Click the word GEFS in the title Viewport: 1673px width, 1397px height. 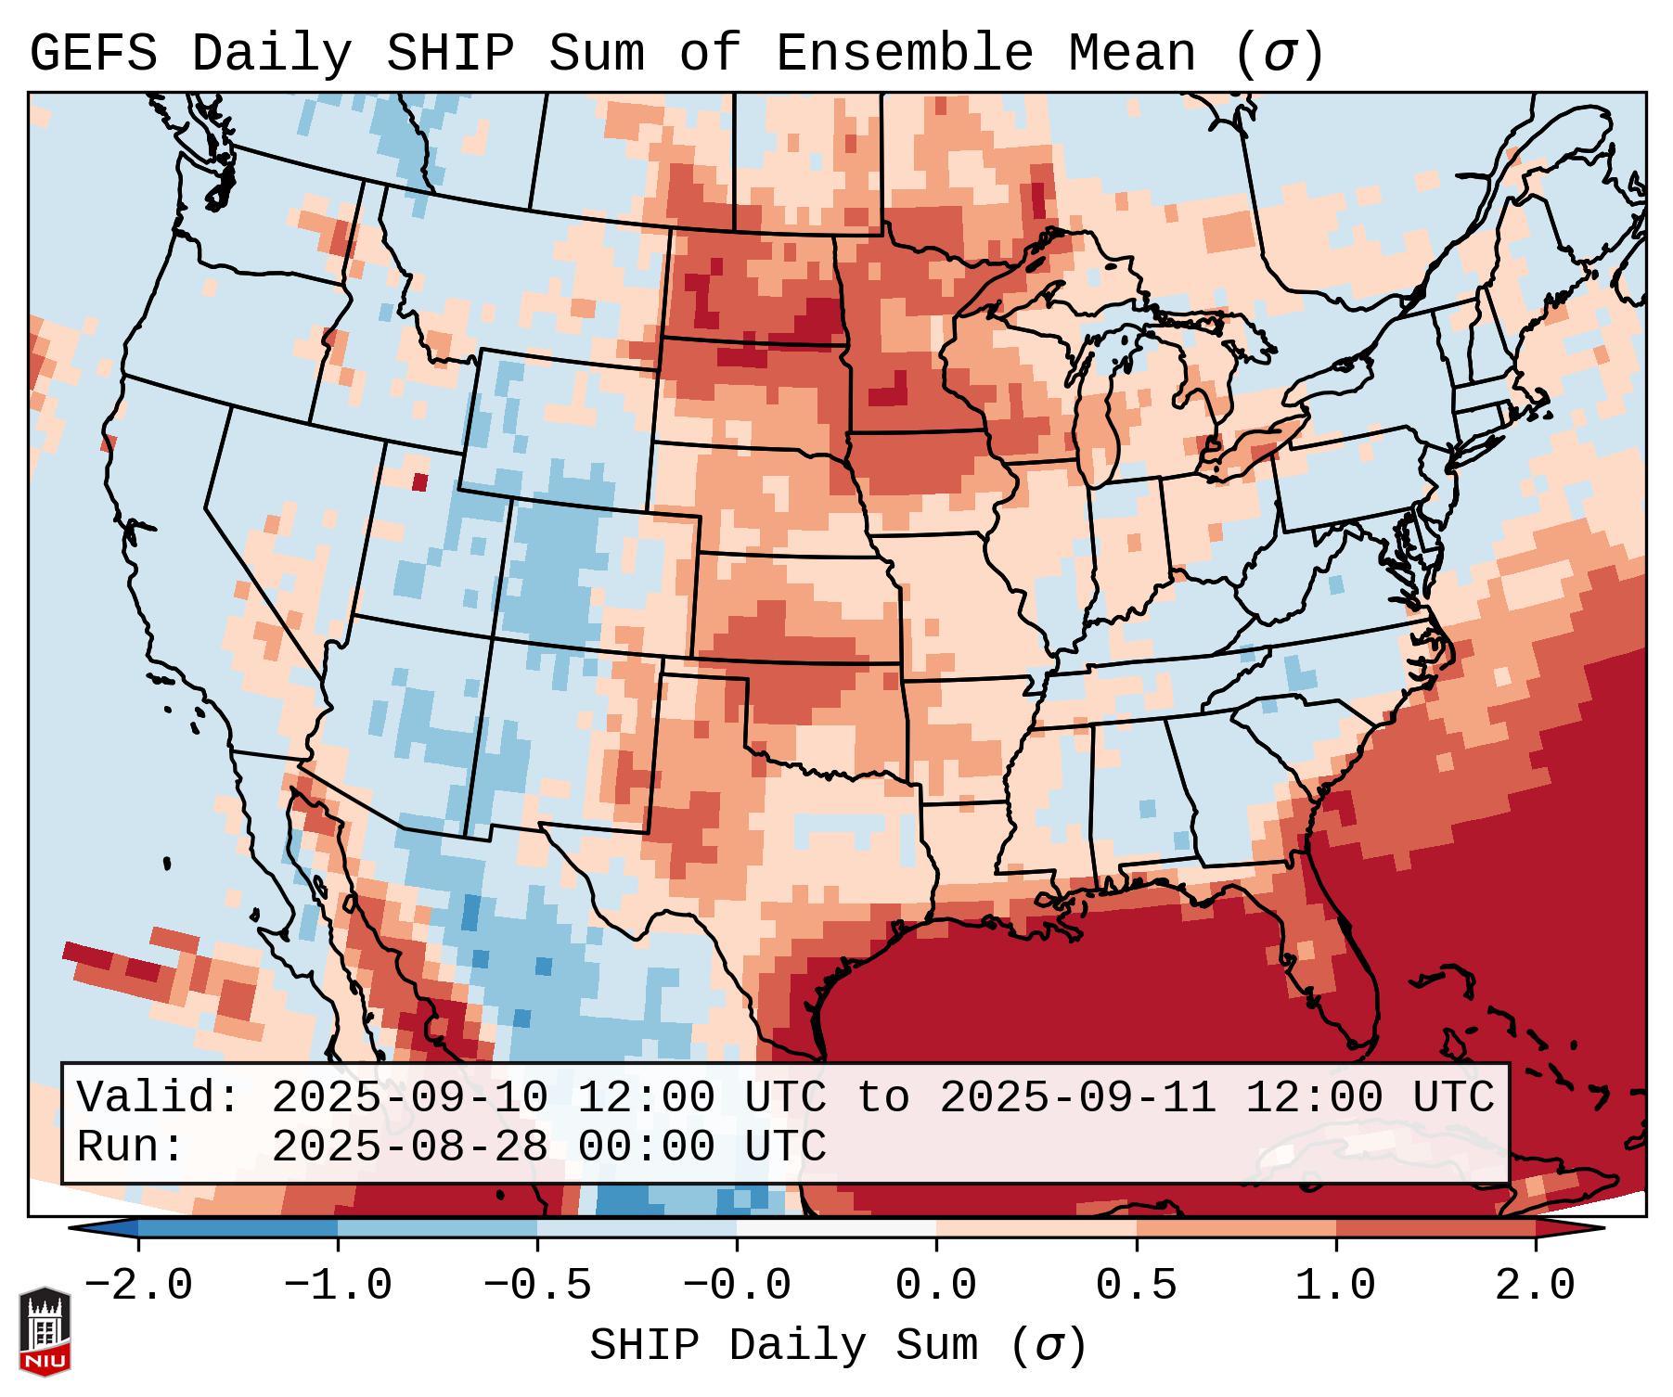(x=93, y=54)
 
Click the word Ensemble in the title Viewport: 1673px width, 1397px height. (x=904, y=54)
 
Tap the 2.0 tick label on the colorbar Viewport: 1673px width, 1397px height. (x=1535, y=1286)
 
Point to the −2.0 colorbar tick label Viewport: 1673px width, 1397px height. (x=138, y=1286)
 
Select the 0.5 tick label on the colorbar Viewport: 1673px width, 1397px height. (x=1136, y=1286)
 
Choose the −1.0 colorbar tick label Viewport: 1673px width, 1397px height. (x=338, y=1286)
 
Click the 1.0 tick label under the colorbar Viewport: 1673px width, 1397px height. (x=1335, y=1286)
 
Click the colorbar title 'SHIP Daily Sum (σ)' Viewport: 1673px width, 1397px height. (x=837, y=1346)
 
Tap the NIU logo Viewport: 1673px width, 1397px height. (x=45, y=1330)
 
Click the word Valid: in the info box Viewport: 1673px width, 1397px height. (x=159, y=1097)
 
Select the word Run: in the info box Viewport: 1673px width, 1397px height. (x=131, y=1147)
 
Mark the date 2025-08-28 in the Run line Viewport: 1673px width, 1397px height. (x=409, y=1147)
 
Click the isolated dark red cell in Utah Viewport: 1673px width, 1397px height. (x=419, y=481)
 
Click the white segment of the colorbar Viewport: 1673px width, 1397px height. (x=836, y=1228)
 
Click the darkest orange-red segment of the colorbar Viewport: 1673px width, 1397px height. (x=1435, y=1228)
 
